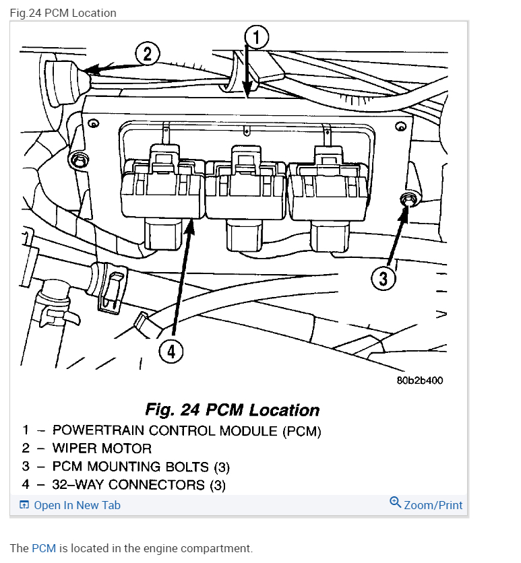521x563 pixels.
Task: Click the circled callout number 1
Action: [256, 37]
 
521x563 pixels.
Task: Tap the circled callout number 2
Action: [148, 54]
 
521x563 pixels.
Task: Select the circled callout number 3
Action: [383, 278]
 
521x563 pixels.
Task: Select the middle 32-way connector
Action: [245, 192]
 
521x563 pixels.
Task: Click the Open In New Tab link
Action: [76, 505]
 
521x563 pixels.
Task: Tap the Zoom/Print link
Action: [433, 505]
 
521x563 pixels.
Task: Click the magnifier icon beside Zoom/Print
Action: [396, 502]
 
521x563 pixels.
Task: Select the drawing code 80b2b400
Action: [419, 380]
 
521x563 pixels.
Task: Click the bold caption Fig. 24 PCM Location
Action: [232, 410]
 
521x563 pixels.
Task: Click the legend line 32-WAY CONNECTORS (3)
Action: [138, 484]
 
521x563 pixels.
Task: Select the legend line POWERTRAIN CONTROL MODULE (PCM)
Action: [187, 430]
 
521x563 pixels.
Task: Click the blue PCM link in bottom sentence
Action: [43, 548]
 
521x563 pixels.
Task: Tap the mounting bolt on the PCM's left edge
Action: [80, 161]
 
